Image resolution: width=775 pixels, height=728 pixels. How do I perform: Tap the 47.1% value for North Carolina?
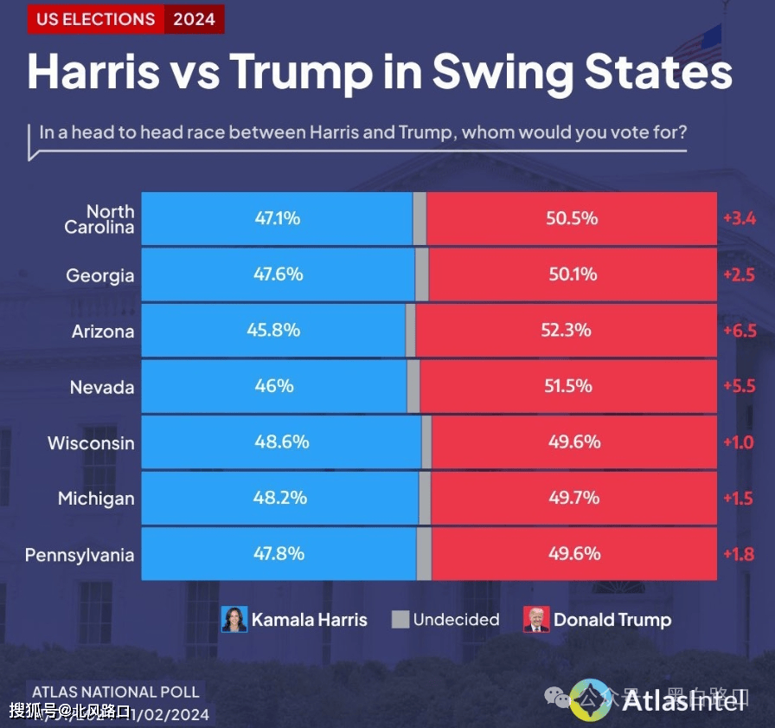277,218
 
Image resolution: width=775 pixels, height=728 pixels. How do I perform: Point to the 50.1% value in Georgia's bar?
572,274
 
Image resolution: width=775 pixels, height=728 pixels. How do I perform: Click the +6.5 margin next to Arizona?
740,331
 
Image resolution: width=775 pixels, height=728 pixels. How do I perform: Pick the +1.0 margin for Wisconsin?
739,442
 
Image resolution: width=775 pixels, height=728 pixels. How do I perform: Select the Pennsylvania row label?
80,555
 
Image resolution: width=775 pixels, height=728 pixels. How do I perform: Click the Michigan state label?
96,499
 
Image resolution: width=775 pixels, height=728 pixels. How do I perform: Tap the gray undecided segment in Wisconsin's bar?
426,442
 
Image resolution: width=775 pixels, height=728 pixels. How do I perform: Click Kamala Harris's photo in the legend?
234,619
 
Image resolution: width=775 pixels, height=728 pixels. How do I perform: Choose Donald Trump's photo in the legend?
536,619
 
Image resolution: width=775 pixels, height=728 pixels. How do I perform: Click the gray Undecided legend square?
400,619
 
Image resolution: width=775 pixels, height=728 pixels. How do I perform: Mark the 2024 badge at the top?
194,19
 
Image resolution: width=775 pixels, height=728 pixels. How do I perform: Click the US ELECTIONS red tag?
95,19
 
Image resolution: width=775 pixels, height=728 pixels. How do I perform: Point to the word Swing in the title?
500,73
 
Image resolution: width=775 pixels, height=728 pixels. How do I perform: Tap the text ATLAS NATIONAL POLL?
115,693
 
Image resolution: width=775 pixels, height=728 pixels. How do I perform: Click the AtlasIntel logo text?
683,699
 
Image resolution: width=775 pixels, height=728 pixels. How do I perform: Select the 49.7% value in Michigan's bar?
573,499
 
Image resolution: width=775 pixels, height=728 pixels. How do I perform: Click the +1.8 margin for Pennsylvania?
739,554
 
